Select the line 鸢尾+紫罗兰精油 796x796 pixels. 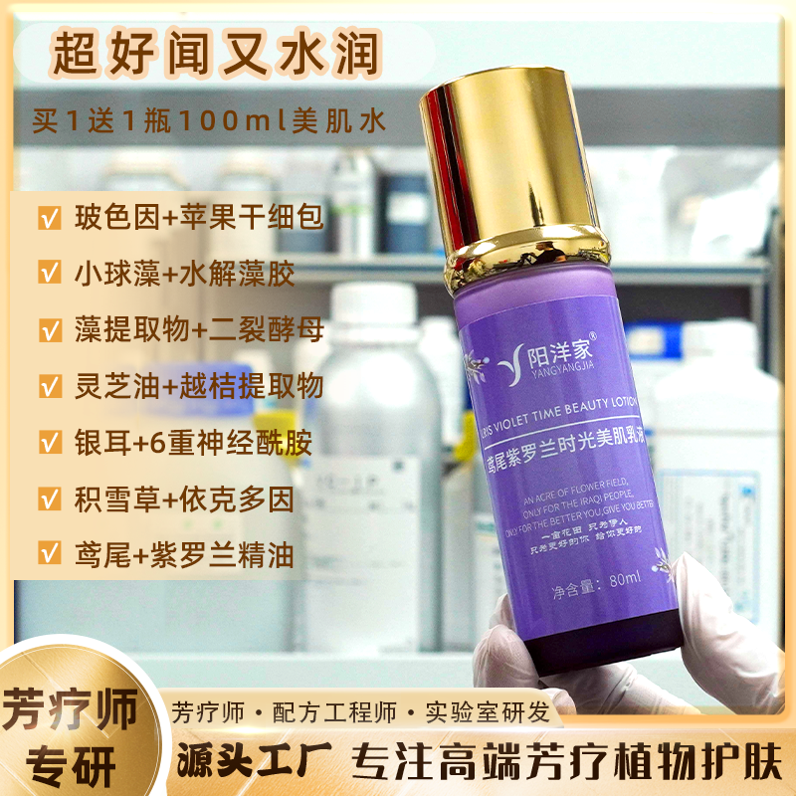tap(184, 554)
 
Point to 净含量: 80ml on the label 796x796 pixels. tap(596, 577)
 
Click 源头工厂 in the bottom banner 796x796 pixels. tap(246, 763)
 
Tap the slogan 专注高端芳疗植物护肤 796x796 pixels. tap(567, 763)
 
